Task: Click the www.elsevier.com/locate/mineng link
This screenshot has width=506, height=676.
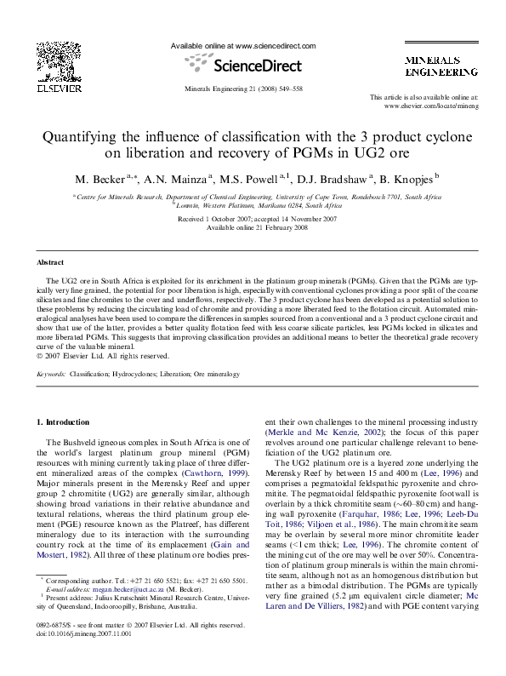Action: point(431,106)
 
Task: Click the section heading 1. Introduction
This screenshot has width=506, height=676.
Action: point(65,423)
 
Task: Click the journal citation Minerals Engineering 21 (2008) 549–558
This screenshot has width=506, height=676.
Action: point(243,89)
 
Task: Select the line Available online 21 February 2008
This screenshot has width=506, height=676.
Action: point(257,226)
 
